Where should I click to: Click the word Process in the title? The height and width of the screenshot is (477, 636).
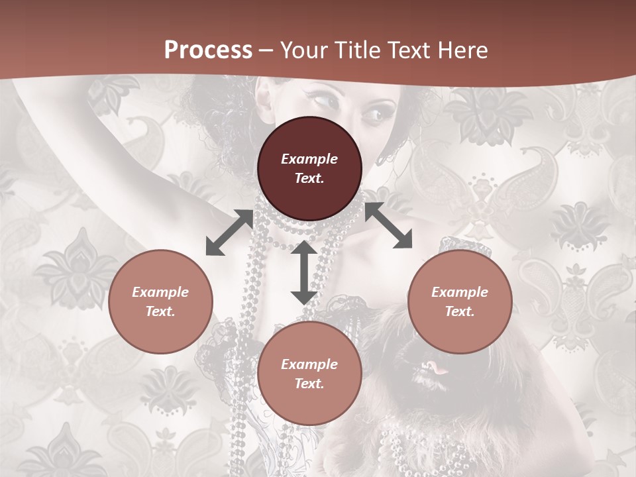pyautogui.click(x=208, y=50)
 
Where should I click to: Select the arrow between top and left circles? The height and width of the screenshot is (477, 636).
pyautogui.click(x=229, y=233)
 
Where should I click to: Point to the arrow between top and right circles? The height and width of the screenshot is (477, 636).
pyautogui.click(x=388, y=225)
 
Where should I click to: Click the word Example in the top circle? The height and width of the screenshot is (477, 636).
pyautogui.click(x=309, y=159)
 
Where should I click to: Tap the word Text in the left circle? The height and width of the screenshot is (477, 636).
pyautogui.click(x=160, y=311)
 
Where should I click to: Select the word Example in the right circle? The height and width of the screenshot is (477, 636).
pyautogui.click(x=460, y=292)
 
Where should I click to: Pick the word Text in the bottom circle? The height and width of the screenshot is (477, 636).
pyautogui.click(x=309, y=384)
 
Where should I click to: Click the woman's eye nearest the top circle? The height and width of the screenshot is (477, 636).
pyautogui.click(x=372, y=115)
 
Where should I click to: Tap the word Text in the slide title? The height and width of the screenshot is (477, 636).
pyautogui.click(x=407, y=50)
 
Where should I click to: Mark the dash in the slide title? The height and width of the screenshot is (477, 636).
pyautogui.click(x=266, y=51)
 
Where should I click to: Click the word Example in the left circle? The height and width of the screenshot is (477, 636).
pyautogui.click(x=160, y=292)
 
